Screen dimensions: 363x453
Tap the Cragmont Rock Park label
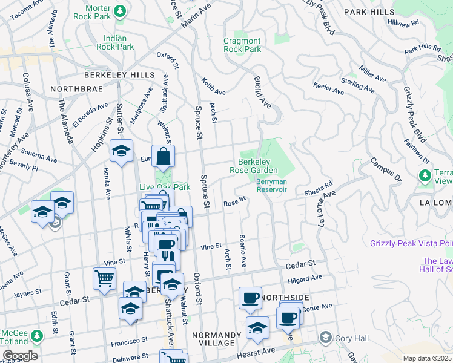tap(242, 45)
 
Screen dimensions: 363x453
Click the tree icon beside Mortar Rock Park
tap(120, 10)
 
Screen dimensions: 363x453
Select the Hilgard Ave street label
tap(305, 278)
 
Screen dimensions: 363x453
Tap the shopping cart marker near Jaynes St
tap(104, 279)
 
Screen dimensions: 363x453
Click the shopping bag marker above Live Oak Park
tap(163, 157)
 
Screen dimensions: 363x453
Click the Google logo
tap(19, 355)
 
